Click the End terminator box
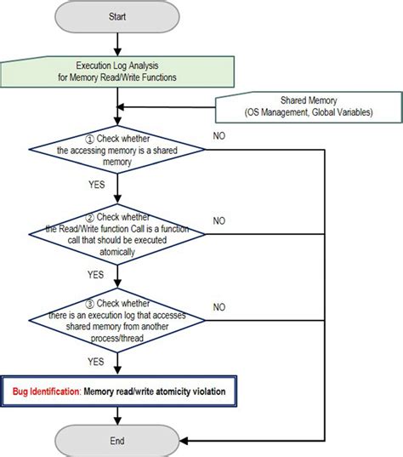[117, 441]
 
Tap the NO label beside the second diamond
[219, 220]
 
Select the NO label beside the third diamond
[219, 307]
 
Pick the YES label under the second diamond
[95, 274]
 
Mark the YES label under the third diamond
[95, 360]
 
